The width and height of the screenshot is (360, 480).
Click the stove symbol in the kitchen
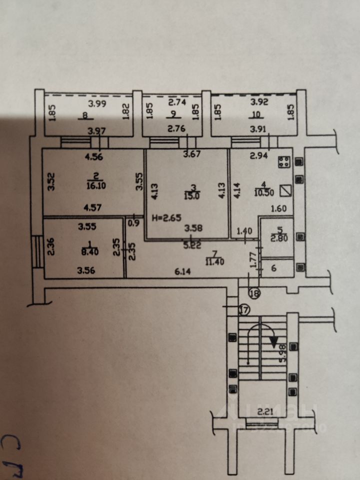(285, 162)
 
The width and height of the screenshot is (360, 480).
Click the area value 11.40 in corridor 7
(215, 260)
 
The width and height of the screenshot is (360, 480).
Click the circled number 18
(254, 293)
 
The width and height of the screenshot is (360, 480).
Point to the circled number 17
(244, 310)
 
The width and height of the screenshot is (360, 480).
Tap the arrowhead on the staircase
(274, 342)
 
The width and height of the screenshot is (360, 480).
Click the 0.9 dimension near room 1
(134, 223)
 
